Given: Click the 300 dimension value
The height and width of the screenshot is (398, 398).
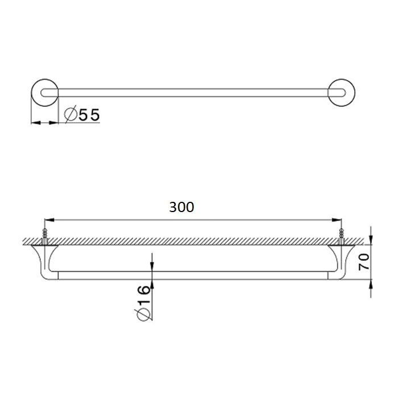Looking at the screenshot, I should (182, 208).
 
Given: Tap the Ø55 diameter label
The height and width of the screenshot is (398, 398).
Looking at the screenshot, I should (82, 115).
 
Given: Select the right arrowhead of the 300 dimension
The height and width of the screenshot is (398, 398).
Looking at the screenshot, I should (338, 219).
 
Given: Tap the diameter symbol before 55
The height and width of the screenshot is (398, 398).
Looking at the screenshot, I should (70, 115).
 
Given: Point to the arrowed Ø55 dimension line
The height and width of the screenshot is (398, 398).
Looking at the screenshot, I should (45, 122).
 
